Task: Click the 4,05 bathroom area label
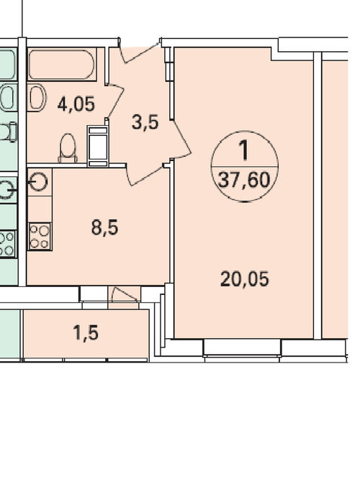[x=76, y=104]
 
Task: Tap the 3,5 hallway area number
[x=145, y=122]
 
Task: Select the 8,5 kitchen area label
[x=104, y=228]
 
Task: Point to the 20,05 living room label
[x=245, y=279]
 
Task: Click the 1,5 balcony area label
[x=86, y=333]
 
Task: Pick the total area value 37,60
[x=244, y=180]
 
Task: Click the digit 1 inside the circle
[x=244, y=150]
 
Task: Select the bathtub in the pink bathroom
[x=62, y=64]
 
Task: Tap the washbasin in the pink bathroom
[x=37, y=98]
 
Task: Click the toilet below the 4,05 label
[x=68, y=147]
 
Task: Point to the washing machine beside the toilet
[x=98, y=146]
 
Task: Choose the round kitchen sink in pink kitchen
[x=40, y=182]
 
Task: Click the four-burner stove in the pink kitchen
[x=40, y=236]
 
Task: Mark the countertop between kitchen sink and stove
[x=40, y=209]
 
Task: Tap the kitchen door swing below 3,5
[x=145, y=174]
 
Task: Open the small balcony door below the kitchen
[x=125, y=294]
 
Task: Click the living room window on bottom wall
[x=242, y=351]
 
